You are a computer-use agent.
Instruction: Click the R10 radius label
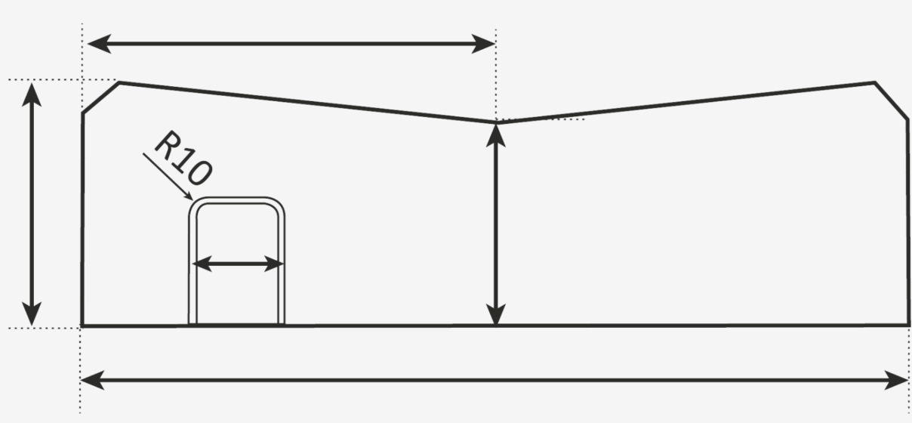183,158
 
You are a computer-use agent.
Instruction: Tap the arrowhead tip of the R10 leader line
193,200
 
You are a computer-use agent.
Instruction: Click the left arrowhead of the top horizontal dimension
100,44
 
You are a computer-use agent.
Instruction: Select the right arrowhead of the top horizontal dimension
483,44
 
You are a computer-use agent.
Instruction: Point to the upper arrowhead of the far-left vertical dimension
32,94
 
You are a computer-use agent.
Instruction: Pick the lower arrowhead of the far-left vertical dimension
32,314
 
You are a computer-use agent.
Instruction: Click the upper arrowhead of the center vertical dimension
495,135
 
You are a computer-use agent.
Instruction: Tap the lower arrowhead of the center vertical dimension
495,314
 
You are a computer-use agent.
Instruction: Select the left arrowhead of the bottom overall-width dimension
93,380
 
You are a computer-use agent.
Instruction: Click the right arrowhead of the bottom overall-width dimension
896,380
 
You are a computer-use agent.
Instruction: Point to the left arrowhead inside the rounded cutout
202,264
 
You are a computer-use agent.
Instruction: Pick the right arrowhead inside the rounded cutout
273,264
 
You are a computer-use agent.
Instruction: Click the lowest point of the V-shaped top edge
496,122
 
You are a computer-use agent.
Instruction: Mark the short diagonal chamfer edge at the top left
101,97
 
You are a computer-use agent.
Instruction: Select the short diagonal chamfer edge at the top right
891,100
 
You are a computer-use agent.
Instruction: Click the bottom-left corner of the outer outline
82,326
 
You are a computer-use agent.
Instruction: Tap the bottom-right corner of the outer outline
908,325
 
